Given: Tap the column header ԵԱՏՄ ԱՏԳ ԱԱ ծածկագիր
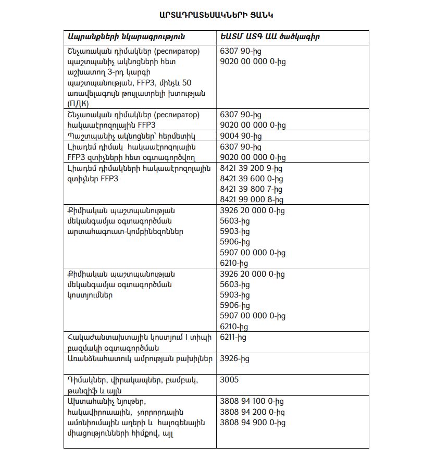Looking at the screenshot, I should coord(270,37).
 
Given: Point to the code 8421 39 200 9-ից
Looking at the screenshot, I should coord(252,168).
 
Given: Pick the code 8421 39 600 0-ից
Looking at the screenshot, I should coord(252,178).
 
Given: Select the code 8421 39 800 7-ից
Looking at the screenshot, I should coord(252,189).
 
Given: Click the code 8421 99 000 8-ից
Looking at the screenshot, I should coord(252,199).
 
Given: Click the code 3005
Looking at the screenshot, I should coord(230,379).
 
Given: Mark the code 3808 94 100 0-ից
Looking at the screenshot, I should coord(252,401).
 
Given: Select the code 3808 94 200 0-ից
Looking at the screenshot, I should coord(252,412).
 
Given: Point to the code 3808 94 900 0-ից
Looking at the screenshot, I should coord(253,423).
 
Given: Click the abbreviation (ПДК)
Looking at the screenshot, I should coord(78,104).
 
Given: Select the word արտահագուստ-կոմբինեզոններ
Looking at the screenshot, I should coord(125,231).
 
